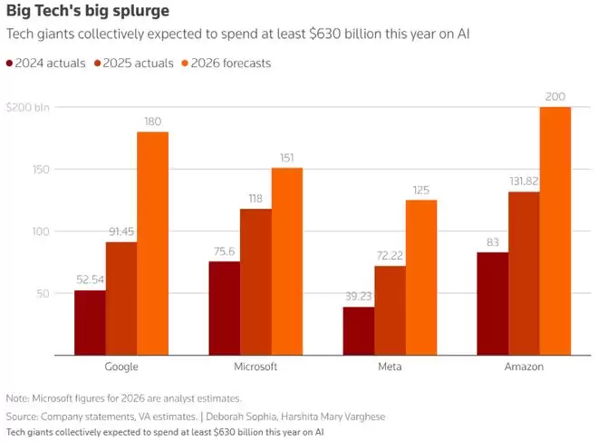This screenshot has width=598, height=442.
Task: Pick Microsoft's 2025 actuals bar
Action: pyautogui.click(x=256, y=281)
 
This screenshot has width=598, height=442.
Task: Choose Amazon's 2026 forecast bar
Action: pyautogui.click(x=555, y=231)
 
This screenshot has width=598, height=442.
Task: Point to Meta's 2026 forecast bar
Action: pyautogui.click(x=421, y=277)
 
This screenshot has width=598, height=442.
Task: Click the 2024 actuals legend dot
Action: pyautogui.click(x=10, y=64)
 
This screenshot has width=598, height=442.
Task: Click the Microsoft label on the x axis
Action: pyautogui.click(x=256, y=368)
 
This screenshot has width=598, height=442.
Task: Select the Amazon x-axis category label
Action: pyautogui.click(x=525, y=368)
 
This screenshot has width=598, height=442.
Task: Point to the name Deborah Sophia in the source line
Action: pyautogui.click(x=261, y=416)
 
